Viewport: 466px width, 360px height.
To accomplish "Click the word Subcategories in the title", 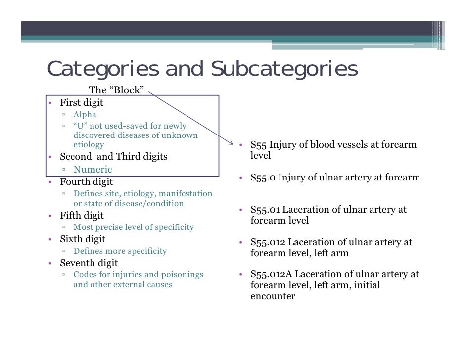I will [x=284, y=70].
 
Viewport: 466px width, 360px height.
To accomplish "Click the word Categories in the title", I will [x=103, y=70].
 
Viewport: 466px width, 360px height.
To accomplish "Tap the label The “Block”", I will [x=116, y=90].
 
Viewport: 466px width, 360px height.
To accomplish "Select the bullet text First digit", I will [x=82, y=103].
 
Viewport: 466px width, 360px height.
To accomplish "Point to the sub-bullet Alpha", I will [x=85, y=115].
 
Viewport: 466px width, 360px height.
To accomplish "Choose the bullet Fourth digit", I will [x=87, y=182].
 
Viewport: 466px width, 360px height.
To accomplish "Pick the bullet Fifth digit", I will [x=82, y=216].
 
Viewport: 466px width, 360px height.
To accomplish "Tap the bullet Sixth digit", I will [x=83, y=239].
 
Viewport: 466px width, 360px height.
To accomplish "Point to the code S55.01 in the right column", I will [x=265, y=209].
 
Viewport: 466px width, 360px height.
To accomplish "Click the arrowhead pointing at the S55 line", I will [x=231, y=143].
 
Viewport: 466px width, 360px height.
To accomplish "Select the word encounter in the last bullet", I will [x=273, y=296].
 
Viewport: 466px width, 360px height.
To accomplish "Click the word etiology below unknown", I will [x=89, y=145].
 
